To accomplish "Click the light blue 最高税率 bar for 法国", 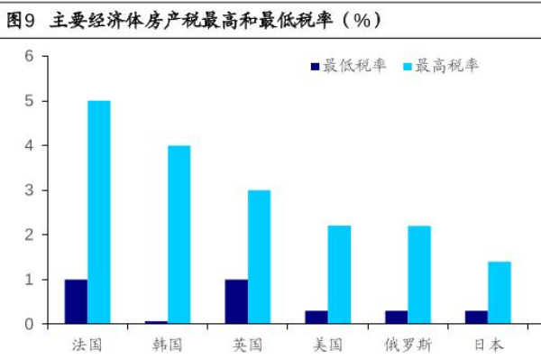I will (99, 212).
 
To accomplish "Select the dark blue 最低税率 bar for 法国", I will (76, 301).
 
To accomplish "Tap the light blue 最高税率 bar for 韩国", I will (179, 235).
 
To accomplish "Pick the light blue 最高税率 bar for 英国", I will (259, 257).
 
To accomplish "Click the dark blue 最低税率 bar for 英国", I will (236, 301).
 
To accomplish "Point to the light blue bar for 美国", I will (339, 274).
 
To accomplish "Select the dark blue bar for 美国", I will (316, 317).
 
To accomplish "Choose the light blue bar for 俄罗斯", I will (418, 274).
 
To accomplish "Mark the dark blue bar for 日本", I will (476, 317).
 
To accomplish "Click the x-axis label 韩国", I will (167, 345).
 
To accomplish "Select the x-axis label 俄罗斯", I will (407, 345).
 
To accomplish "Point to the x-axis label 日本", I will (487, 345).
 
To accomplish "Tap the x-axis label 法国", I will (87, 345).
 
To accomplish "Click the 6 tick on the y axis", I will (29, 57).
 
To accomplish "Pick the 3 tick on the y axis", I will (29, 190).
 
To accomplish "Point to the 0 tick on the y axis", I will (29, 324).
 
